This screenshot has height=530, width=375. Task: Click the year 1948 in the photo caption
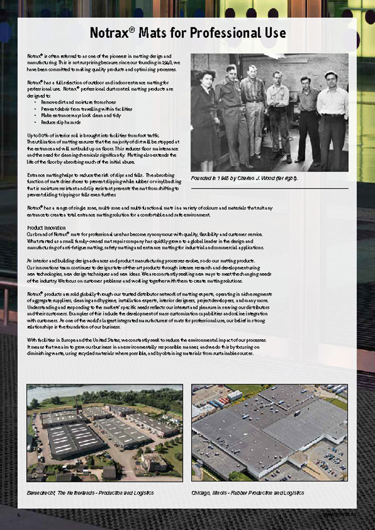click(x=230, y=179)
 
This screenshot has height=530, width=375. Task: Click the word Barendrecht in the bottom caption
click(x=42, y=493)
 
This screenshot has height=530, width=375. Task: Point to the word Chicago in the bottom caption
click(x=202, y=493)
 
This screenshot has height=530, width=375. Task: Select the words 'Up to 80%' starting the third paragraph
click(x=37, y=135)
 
